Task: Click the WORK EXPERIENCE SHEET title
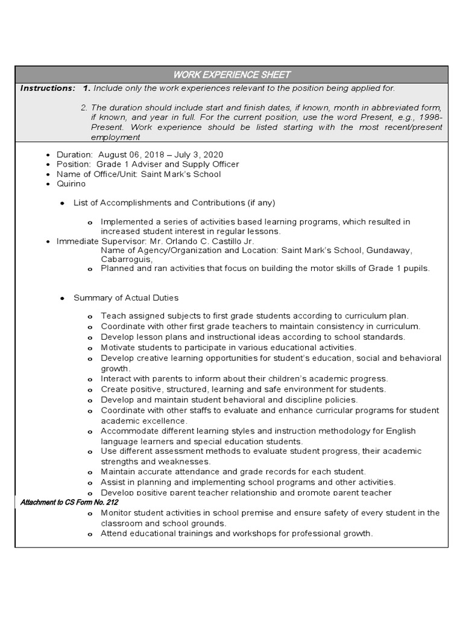pyautogui.click(x=231, y=75)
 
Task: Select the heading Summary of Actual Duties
pyautogui.click(x=125, y=298)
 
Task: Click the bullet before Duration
pyautogui.click(x=48, y=155)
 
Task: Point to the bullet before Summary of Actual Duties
pyautogui.click(x=62, y=299)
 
